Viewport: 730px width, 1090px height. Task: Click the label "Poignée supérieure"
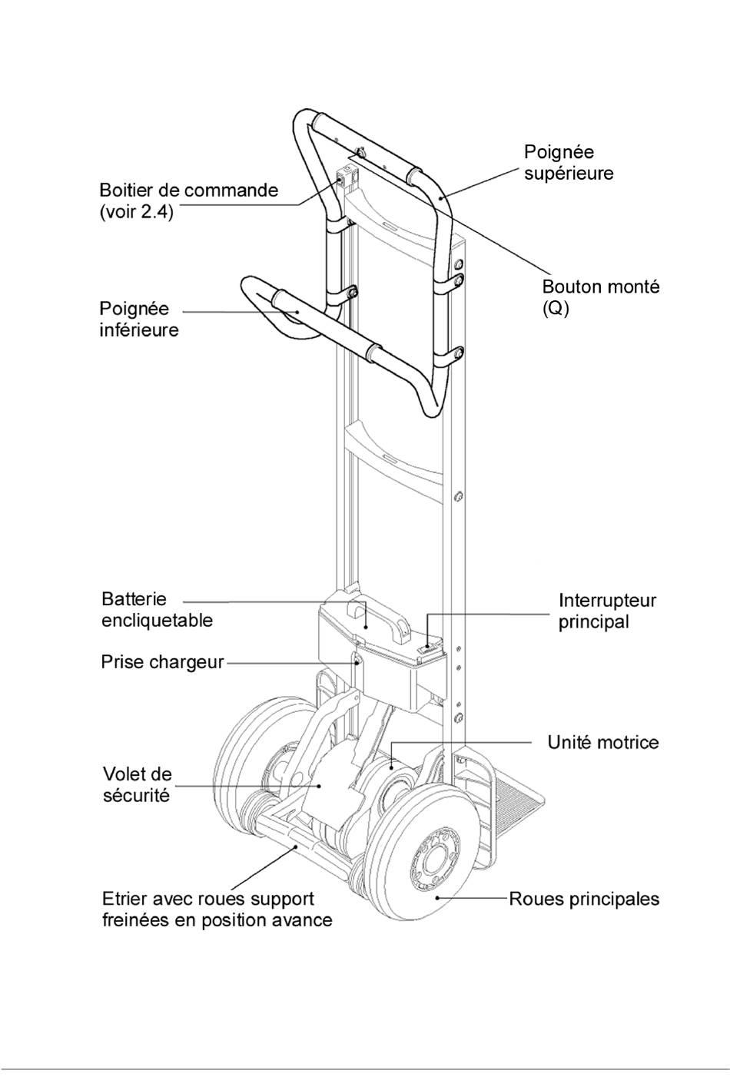568,162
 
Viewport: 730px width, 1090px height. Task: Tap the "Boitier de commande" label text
188,190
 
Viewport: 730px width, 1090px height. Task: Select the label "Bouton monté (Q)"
600,298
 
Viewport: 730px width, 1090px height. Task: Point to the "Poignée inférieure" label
139,319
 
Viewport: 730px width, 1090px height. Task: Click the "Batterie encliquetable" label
157,609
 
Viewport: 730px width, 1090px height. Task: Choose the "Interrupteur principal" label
606,611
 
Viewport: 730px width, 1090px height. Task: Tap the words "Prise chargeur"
162,661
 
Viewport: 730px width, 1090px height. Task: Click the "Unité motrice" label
602,742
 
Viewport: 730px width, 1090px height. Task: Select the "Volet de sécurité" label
137,784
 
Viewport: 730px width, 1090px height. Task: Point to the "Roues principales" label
584,899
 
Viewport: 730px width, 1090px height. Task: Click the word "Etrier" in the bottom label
124,899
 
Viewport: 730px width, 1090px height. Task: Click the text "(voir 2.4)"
136,211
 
